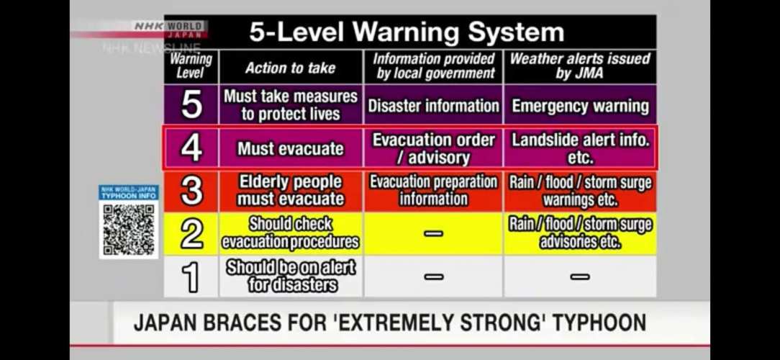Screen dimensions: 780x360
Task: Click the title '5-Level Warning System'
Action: pyautogui.click(x=407, y=32)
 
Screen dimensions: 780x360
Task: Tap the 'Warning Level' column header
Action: pyautogui.click(x=191, y=66)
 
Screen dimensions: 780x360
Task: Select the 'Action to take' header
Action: pyautogui.click(x=291, y=68)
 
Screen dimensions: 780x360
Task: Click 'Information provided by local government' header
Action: pyautogui.click(x=433, y=66)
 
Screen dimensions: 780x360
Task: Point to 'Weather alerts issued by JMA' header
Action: pyautogui.click(x=579, y=66)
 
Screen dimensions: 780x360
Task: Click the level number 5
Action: pyautogui.click(x=191, y=104)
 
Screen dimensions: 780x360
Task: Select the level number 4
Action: pyautogui.click(x=191, y=148)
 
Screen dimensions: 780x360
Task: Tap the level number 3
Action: pyautogui.click(x=191, y=191)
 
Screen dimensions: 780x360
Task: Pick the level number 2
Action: pyautogui.click(x=191, y=234)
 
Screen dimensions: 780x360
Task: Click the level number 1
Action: pyautogui.click(x=191, y=277)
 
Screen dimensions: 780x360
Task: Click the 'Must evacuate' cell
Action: pyautogui.click(x=291, y=148)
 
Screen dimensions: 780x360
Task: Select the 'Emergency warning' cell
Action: pyautogui.click(x=580, y=106)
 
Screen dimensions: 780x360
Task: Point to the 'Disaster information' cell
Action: pyautogui.click(x=433, y=106)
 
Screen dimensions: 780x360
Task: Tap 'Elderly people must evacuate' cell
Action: pyautogui.click(x=291, y=191)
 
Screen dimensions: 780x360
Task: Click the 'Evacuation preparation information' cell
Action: pyautogui.click(x=433, y=191)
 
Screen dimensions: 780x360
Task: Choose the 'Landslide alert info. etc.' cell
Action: pyautogui.click(x=580, y=148)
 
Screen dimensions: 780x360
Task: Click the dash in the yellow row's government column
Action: pyautogui.click(x=433, y=233)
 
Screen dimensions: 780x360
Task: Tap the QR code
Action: pyautogui.click(x=129, y=230)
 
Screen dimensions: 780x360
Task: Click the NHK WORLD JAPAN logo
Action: pyautogui.click(x=169, y=30)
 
